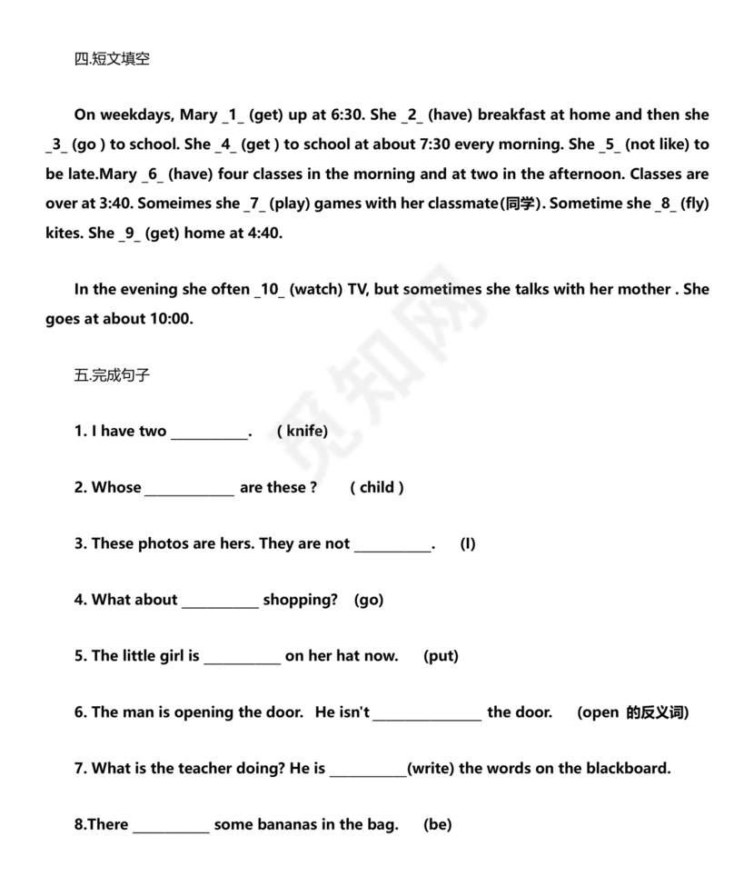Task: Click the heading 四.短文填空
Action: tap(112, 59)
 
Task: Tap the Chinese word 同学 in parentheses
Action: tap(521, 204)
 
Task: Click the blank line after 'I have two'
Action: tap(209, 433)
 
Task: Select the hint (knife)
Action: tap(303, 431)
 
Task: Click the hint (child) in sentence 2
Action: tap(377, 487)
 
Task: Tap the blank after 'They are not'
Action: tap(392, 545)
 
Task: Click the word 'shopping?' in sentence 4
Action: tap(300, 600)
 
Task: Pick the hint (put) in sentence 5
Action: tap(441, 656)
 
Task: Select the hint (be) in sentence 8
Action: tap(437, 825)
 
